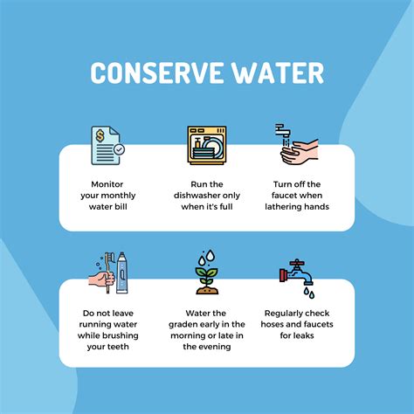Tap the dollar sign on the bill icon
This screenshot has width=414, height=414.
tap(100, 135)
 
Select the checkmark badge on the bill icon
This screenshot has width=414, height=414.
tap(119, 149)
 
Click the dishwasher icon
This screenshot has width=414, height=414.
tap(207, 145)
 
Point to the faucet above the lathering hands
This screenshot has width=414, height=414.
tap(283, 131)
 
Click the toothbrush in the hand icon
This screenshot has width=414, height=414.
tap(108, 273)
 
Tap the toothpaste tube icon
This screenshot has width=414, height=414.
tap(122, 273)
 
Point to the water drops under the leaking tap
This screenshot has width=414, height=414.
tap(309, 293)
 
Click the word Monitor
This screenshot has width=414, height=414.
tap(107, 184)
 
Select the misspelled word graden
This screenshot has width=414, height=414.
tap(182, 325)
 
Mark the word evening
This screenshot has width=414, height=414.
tap(215, 347)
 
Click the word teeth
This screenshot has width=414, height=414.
tap(118, 347)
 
